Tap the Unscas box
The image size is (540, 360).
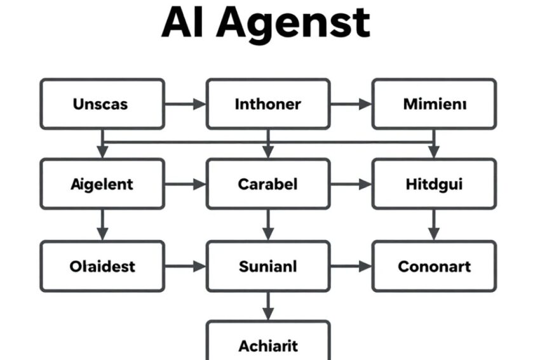[x=102, y=104]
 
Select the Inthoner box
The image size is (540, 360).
[x=268, y=104]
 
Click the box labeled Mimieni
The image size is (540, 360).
[x=434, y=104]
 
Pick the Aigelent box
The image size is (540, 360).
[x=102, y=183]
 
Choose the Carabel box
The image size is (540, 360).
[x=268, y=183]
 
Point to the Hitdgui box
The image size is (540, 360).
[x=434, y=183]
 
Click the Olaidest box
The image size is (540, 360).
[x=102, y=266]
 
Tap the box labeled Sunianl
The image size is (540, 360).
[x=268, y=266]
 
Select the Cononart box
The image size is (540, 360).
[x=434, y=266]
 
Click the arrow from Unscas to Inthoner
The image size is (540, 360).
[x=186, y=104]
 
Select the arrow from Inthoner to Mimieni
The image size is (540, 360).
[x=351, y=104]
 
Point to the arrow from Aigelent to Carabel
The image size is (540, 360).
[x=186, y=184]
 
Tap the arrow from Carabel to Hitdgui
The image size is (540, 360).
[x=351, y=184]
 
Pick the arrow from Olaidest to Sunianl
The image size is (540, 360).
[x=186, y=266]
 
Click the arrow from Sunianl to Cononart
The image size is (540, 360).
[x=351, y=266]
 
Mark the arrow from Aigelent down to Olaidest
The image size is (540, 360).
[x=102, y=225]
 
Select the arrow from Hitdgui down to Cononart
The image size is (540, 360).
[x=434, y=225]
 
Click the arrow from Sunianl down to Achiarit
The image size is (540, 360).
[x=268, y=306]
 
